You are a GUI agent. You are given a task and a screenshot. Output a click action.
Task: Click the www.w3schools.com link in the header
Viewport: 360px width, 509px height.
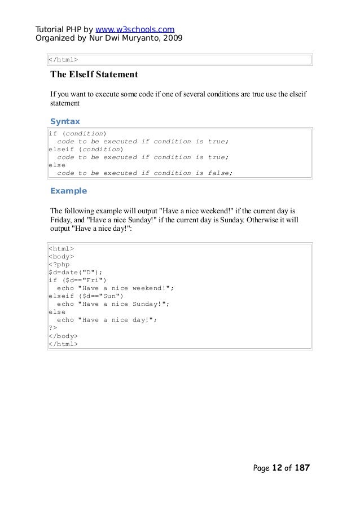click(x=135, y=29)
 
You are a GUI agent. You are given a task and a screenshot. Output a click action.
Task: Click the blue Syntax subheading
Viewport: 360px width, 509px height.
click(x=65, y=121)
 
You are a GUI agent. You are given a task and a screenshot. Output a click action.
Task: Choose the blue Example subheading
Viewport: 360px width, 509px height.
click(x=69, y=190)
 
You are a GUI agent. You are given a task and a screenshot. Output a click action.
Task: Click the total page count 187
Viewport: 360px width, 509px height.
click(x=302, y=468)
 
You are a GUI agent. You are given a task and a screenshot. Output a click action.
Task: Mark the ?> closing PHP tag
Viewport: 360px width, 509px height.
click(x=52, y=327)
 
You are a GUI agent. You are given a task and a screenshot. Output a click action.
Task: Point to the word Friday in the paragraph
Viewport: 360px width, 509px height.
click(x=62, y=220)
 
